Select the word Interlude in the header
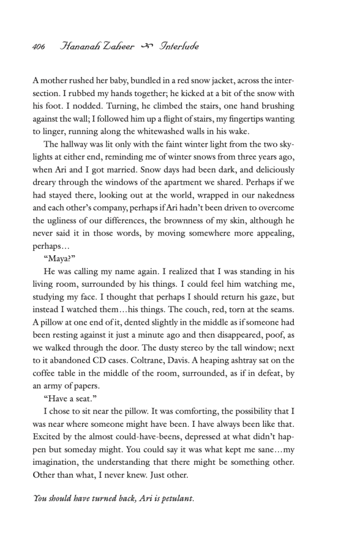pos(179,47)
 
